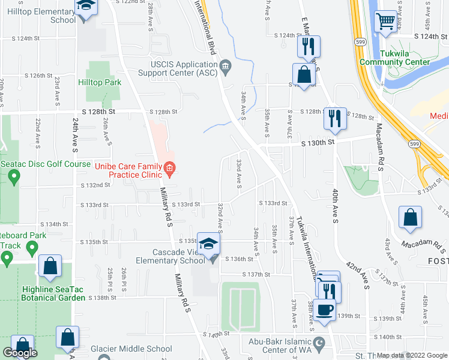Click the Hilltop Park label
coord(104,83)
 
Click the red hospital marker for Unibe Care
coord(170,170)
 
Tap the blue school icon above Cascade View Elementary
coord(209,244)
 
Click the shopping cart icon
coord(386,22)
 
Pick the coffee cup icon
coord(325,310)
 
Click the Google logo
coord(20,353)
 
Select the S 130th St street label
coord(316,142)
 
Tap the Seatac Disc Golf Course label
coord(46,164)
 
